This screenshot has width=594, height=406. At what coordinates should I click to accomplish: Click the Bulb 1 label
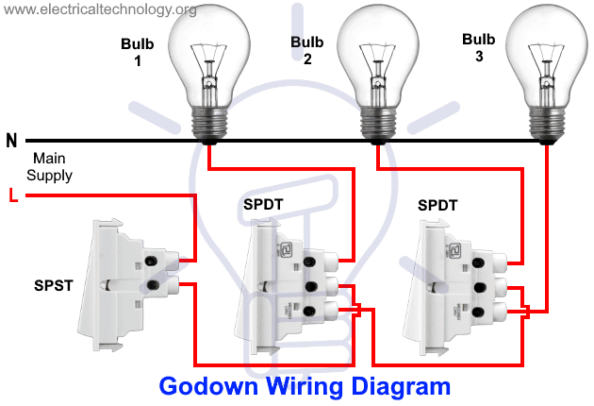[137, 52]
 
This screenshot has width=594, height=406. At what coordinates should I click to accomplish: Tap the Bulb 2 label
[306, 50]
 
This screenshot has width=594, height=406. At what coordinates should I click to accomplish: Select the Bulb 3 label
[478, 48]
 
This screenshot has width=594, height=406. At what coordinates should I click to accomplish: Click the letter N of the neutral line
[11, 141]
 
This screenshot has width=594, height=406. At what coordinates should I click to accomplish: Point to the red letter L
[13, 195]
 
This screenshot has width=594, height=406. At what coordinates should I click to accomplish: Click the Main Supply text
[49, 166]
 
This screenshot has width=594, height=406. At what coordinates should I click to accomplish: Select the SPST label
[54, 285]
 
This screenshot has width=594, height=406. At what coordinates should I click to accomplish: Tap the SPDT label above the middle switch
[263, 205]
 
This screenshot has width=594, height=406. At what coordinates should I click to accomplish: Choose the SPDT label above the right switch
[437, 205]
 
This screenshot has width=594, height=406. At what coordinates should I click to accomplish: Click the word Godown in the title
[208, 386]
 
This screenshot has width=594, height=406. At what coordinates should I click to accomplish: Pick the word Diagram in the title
[401, 387]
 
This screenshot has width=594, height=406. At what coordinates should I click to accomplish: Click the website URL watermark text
[100, 9]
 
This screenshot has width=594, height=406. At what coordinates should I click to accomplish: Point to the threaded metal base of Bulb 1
[209, 123]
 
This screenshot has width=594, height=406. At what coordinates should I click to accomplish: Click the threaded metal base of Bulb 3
[547, 123]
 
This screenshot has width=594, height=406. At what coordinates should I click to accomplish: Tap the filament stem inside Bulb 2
[378, 76]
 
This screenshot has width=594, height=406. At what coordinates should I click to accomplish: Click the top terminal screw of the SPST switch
[151, 261]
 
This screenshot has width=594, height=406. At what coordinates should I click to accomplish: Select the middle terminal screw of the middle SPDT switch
[310, 286]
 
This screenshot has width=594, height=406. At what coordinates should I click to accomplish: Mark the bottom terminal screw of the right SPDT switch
[478, 313]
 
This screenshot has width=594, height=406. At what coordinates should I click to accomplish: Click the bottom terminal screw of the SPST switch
[153, 284]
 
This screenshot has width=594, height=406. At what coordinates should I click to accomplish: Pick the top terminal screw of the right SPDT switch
[478, 262]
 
